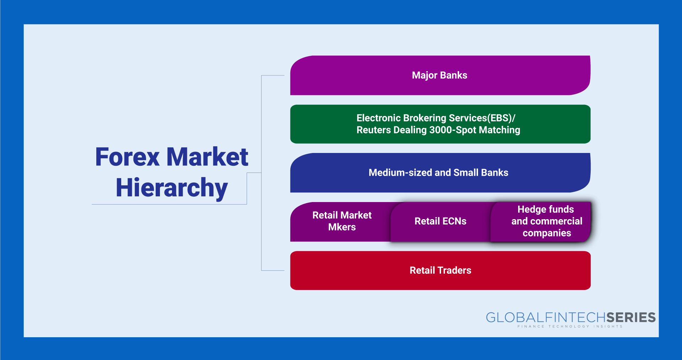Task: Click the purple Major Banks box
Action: click(x=440, y=75)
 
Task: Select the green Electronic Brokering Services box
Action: click(x=440, y=124)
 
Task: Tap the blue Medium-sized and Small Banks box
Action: click(x=440, y=173)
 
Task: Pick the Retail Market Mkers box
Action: click(x=341, y=222)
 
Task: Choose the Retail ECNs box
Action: click(x=441, y=222)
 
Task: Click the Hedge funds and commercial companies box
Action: click(x=541, y=222)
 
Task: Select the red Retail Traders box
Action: click(x=440, y=270)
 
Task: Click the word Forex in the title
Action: click(x=128, y=157)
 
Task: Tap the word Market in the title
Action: click(x=208, y=157)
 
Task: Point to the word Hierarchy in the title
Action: click(x=172, y=188)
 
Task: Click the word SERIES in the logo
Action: click(x=631, y=317)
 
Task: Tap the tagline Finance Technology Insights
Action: click(x=570, y=326)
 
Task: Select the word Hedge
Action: click(x=530, y=210)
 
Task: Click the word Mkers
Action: click(x=342, y=227)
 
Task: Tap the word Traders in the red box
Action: click(x=455, y=270)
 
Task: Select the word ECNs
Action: click(x=455, y=221)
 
